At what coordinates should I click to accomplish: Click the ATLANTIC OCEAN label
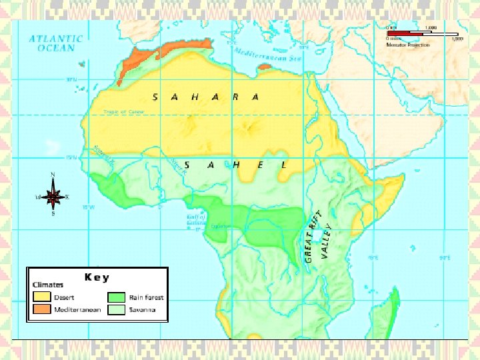click(x=56, y=43)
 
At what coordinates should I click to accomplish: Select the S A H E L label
click(x=234, y=165)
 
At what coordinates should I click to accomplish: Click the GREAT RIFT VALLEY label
click(x=317, y=236)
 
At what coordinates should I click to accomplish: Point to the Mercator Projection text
click(x=407, y=45)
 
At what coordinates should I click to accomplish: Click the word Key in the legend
click(x=97, y=277)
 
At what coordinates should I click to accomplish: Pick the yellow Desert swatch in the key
click(x=42, y=297)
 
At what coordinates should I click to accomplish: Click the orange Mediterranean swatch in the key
click(x=42, y=310)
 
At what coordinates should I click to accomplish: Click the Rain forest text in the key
click(x=146, y=298)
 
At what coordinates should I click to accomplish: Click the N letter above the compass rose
click(x=54, y=175)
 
